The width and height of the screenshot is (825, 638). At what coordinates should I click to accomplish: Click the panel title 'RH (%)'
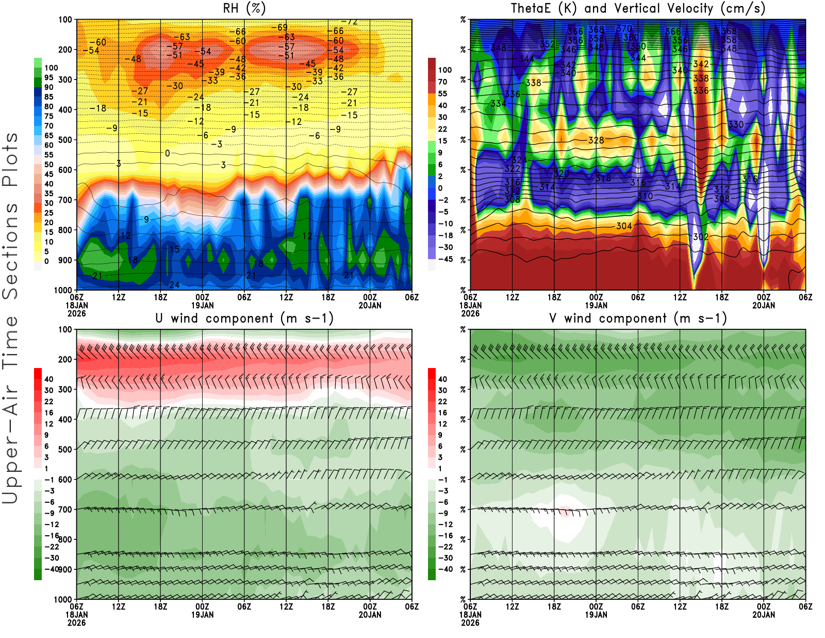pos(244,8)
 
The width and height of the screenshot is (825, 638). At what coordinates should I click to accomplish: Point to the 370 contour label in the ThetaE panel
pos(624,29)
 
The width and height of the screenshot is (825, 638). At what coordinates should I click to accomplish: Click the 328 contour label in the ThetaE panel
pos(596,140)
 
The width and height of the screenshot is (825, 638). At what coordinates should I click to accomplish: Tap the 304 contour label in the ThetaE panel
pos(624,226)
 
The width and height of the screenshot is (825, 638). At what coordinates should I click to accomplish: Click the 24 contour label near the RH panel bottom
pos(174,285)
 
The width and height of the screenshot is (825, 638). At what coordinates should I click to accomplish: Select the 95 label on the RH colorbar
pos(48,77)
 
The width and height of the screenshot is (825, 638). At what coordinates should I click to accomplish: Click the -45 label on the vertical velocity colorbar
pos(445,259)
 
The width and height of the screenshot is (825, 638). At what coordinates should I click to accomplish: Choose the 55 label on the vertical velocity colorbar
pos(442,93)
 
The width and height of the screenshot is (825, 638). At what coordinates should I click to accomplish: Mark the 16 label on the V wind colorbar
pos(442,412)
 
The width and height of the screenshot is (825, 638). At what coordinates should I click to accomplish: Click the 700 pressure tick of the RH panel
pos(65,200)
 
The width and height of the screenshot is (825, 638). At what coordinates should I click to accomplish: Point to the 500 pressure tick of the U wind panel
pos(65,450)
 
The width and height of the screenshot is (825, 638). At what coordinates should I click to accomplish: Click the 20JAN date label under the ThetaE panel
pos(764,306)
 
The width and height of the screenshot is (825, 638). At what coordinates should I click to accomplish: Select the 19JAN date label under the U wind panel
pos(202,615)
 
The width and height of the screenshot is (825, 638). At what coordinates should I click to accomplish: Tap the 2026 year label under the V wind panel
pos(470,623)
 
